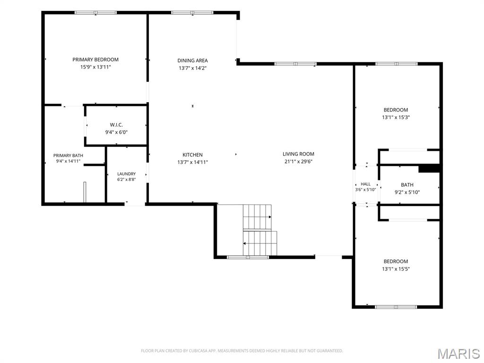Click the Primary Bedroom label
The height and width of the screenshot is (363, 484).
95,60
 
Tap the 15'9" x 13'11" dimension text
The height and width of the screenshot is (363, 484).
95,67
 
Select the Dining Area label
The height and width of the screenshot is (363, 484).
193,60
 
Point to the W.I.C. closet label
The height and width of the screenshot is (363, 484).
116,125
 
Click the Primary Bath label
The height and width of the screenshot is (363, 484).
68,156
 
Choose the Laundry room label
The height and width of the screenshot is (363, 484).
127,174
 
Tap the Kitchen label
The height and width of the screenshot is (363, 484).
193,155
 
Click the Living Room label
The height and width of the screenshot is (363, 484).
299,154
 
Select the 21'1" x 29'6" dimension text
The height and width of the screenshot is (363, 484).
299,161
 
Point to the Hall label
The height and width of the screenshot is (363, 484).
365,184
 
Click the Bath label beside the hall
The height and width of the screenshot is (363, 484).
407,185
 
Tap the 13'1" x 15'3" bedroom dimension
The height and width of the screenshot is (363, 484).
396,117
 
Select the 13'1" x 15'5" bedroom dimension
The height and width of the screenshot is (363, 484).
396,269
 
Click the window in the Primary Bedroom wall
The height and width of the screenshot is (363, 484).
95,13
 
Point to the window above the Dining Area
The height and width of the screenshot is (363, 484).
192,13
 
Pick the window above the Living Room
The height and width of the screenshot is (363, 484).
295,64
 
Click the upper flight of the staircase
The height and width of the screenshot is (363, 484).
257,217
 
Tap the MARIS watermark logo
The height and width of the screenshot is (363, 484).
458,354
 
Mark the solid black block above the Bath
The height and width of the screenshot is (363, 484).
429,169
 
